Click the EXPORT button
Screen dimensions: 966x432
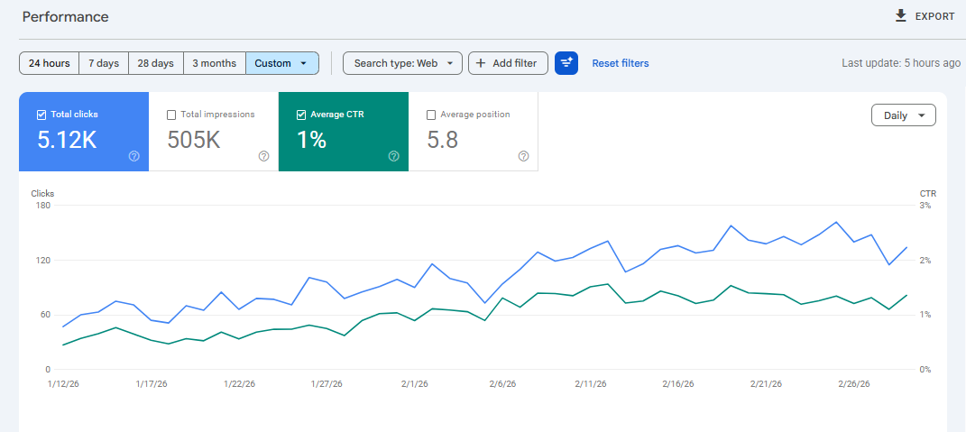pyautogui.click(x=925, y=16)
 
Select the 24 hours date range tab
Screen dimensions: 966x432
pyautogui.click(x=50, y=63)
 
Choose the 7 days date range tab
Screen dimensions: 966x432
pyautogui.click(x=104, y=63)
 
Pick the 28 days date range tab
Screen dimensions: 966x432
pyautogui.click(x=155, y=63)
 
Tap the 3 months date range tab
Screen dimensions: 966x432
pyautogui.click(x=215, y=63)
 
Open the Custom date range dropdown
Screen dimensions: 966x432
pyautogui.click(x=282, y=63)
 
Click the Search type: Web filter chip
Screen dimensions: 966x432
pyautogui.click(x=402, y=63)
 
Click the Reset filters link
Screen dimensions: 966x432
pyautogui.click(x=621, y=63)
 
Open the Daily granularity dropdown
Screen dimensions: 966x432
pyautogui.click(x=903, y=115)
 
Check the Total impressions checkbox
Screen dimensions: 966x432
pyautogui.click(x=171, y=115)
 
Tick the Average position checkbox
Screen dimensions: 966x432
pyautogui.click(x=431, y=115)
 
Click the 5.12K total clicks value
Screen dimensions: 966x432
pyautogui.click(x=67, y=141)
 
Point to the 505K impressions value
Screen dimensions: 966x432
pyautogui.click(x=194, y=141)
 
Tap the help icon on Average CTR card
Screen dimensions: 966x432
pyautogui.click(x=393, y=157)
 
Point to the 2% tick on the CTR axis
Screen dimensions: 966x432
pyautogui.click(x=925, y=261)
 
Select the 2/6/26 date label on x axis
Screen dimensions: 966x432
pyautogui.click(x=502, y=383)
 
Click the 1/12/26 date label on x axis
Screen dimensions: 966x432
pyautogui.click(x=63, y=383)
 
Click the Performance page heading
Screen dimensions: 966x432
pyautogui.click(x=65, y=16)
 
